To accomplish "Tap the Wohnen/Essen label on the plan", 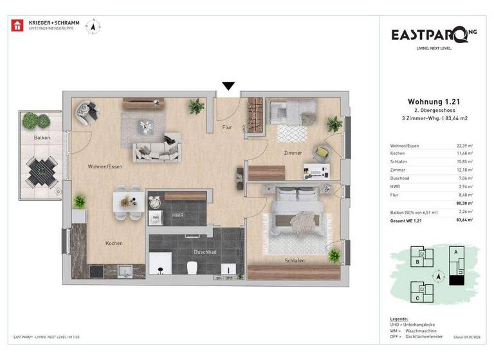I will click(x=105, y=166).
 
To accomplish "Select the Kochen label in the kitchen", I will click(x=114, y=243).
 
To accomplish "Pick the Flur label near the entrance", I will click(x=226, y=127).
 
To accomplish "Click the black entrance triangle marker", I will click(x=228, y=86).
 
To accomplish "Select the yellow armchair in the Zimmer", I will click(x=320, y=152).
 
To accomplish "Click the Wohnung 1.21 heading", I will click(x=434, y=102).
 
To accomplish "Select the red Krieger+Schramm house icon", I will click(x=17, y=26).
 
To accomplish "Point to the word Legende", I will click(x=399, y=319).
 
